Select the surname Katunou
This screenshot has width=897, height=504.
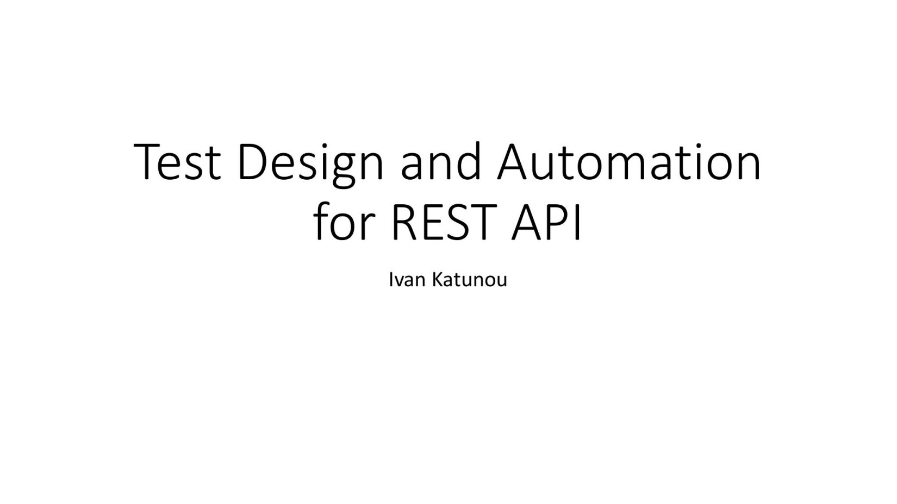[470, 280]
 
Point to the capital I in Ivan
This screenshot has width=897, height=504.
[391, 280]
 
